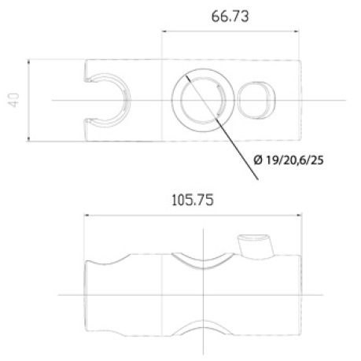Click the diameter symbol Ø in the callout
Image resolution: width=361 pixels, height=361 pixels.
[259, 161]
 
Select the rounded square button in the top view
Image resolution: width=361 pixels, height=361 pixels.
[257, 100]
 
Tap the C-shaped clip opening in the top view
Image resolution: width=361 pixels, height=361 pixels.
[106, 100]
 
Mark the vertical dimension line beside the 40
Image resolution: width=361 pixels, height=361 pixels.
[29, 100]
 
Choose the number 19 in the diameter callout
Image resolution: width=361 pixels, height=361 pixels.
[272, 161]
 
